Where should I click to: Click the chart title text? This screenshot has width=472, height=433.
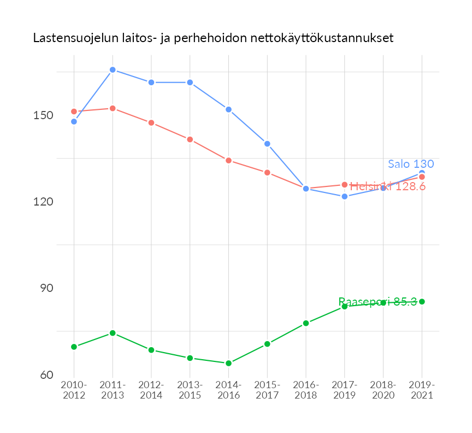pos(213,38)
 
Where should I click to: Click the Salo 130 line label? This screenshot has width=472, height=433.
pos(411,164)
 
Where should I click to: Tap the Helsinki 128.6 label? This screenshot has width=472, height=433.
pos(387,186)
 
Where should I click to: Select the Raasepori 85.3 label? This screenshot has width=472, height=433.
pos(377,302)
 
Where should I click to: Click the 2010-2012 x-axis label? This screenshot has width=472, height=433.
pos(74,390)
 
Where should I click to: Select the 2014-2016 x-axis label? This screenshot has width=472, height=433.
pos(228,390)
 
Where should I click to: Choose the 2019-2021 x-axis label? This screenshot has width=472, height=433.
pos(422,390)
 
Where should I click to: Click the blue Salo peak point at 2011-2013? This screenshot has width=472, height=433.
pos(113,70)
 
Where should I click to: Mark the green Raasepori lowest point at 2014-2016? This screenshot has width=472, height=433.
pos(228,363)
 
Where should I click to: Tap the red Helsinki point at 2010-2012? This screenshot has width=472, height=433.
pos(74,112)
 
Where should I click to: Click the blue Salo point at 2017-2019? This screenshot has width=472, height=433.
pos(345,196)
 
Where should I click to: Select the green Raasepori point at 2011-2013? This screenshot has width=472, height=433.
pos(113,333)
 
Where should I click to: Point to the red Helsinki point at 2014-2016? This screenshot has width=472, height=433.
pos(228,160)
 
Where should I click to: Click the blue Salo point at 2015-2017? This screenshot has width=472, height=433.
pos(267,144)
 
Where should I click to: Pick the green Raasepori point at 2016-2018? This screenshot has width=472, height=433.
pos(306,323)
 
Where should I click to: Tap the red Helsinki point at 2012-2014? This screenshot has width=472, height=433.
pos(151,123)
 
